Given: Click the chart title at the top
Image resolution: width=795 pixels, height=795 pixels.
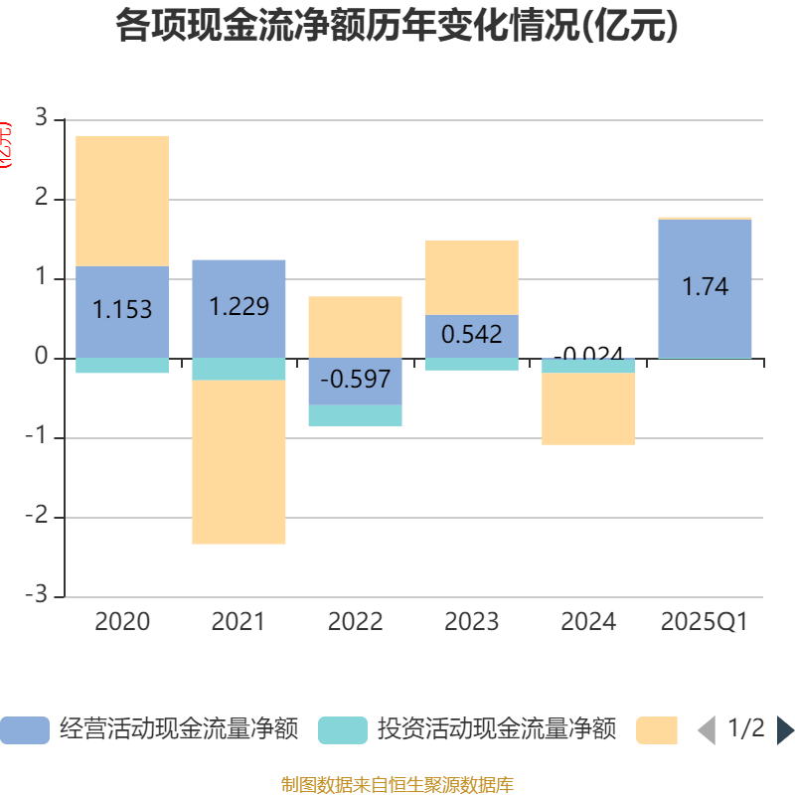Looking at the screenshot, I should point(397,27).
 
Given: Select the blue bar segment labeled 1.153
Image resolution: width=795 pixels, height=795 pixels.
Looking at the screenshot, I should point(122,311).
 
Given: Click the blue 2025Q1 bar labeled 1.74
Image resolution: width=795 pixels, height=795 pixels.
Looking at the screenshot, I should point(705,288).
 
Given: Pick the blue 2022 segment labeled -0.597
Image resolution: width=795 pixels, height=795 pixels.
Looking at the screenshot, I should point(355,381).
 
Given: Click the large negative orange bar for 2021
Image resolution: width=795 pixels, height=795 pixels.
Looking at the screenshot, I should point(238,462).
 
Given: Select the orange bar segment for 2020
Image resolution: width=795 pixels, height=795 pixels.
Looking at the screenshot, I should point(122,201).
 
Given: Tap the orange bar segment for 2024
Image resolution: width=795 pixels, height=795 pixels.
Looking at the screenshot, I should point(588,408).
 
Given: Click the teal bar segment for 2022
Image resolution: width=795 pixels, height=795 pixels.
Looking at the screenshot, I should point(355,415).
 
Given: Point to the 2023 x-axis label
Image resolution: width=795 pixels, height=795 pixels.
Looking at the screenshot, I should point(471,622).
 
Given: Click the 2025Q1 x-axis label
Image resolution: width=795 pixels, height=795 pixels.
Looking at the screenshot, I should point(705,622).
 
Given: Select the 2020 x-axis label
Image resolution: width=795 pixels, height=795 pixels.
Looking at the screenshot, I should point(122,622).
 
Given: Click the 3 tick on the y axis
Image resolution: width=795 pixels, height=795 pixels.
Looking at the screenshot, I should point(41,118).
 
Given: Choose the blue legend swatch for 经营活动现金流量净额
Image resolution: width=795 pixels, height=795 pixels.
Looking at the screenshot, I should point(24,730).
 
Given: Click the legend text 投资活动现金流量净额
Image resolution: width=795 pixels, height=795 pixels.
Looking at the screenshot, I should point(497,730).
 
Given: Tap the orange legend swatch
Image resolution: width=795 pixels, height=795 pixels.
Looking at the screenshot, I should point(657,730).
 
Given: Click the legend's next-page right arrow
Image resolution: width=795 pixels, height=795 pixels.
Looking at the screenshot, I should point(784,730).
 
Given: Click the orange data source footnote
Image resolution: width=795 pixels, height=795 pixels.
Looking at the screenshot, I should point(397,785).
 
